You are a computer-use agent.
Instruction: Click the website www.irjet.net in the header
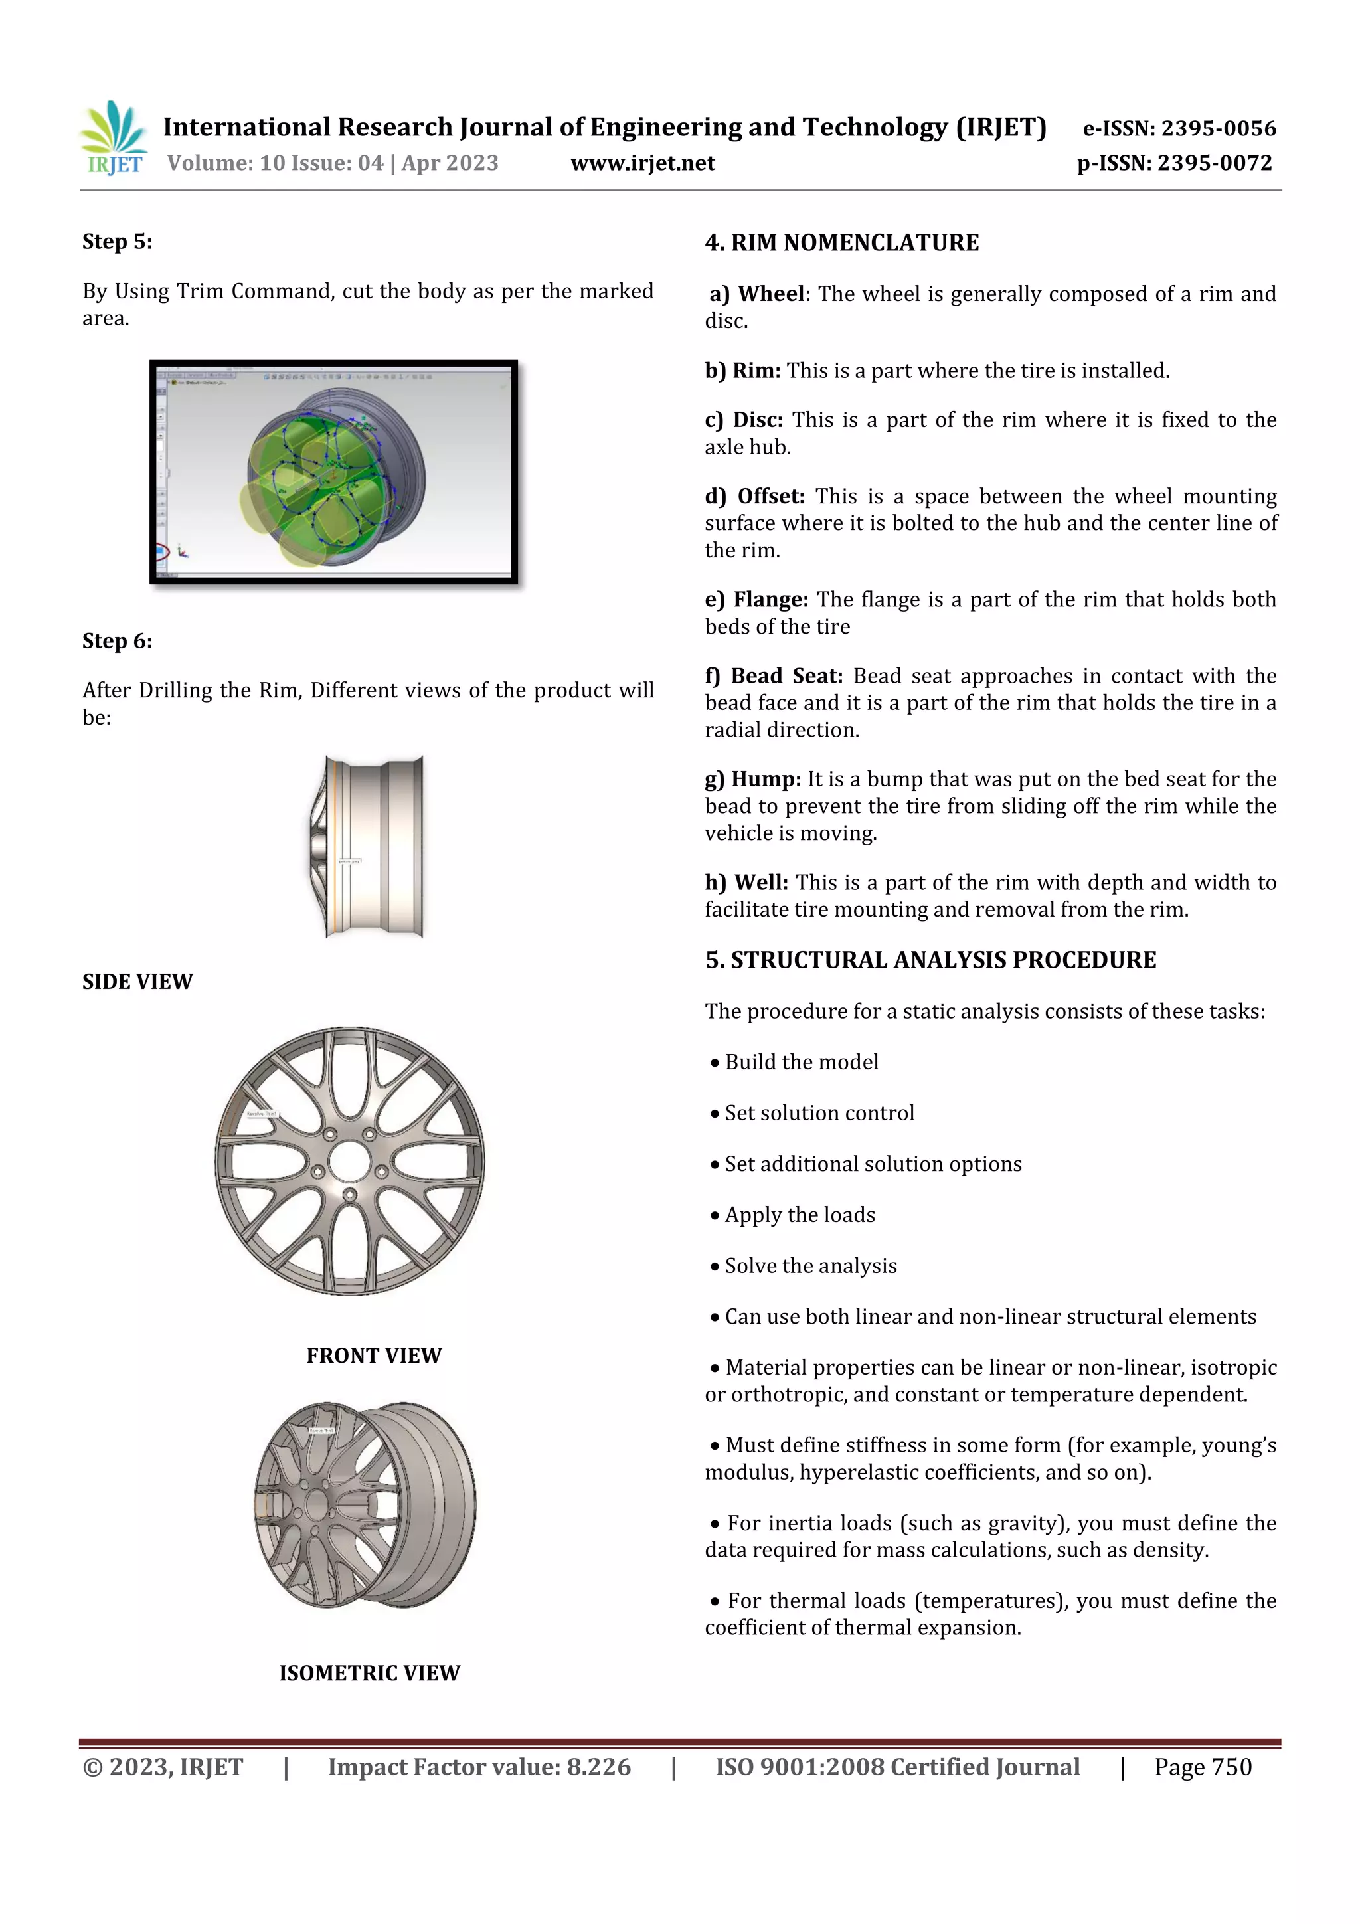click(643, 163)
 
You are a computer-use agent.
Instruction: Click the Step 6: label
click(118, 641)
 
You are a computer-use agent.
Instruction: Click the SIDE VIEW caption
click(137, 982)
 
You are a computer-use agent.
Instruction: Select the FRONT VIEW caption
click(374, 1355)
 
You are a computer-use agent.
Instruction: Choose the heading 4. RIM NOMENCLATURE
click(841, 243)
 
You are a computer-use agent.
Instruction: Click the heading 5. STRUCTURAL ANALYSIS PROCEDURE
click(930, 960)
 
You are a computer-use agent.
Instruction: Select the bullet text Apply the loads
click(800, 1215)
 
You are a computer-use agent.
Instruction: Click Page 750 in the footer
click(1203, 1767)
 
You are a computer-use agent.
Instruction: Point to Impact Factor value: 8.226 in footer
click(479, 1767)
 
